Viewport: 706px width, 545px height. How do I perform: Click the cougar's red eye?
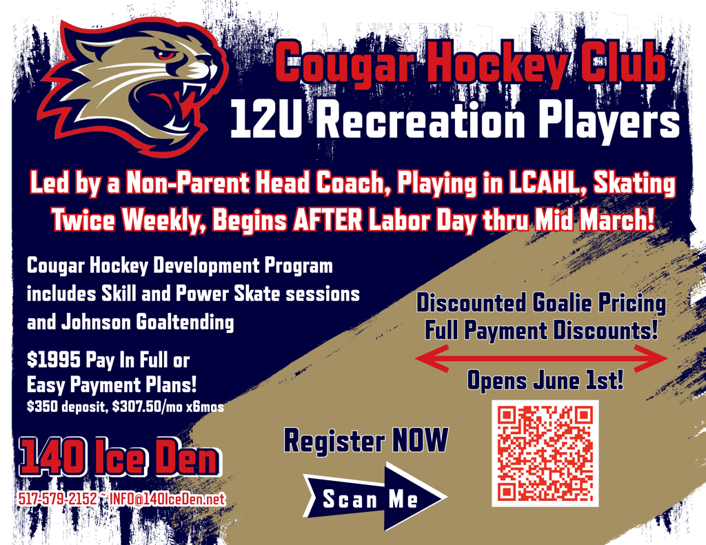[166, 54]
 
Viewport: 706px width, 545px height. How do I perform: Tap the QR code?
[545, 453]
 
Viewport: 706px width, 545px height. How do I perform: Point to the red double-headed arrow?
[541, 359]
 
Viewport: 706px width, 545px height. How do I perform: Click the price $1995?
[54, 360]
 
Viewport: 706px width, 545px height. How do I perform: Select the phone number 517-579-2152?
[57, 499]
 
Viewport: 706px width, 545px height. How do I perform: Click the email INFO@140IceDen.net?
[168, 499]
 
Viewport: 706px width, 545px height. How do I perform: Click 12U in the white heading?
[265, 120]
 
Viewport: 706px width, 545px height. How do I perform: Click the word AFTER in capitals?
[327, 220]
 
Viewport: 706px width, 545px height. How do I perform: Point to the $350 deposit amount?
[42, 407]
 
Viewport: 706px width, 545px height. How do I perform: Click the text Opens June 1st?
[545, 381]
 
